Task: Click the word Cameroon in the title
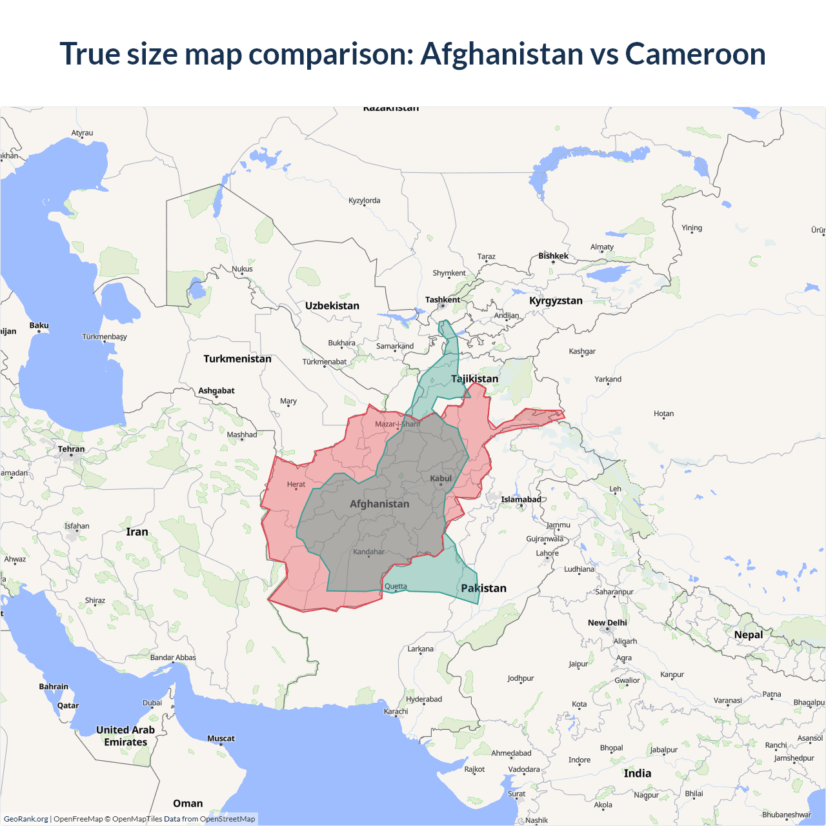[695, 54]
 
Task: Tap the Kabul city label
[441, 478]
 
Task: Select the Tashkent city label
[443, 299]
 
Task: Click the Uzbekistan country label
[332, 306]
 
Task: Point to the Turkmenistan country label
[237, 359]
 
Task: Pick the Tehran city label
[71, 449]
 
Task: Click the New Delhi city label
[607, 623]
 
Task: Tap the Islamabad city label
[521, 499]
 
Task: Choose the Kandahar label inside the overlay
[368, 552]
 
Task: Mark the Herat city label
[296, 484]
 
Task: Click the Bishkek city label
[554, 256]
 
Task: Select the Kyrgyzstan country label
[556, 301]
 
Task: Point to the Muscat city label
[221, 738]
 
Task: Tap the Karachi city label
[396, 711]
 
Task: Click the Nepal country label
[749, 635]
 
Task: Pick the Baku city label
[39, 326]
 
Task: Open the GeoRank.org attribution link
[26, 819]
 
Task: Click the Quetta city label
[396, 587]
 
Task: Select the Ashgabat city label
[216, 390]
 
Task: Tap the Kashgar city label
[582, 352]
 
